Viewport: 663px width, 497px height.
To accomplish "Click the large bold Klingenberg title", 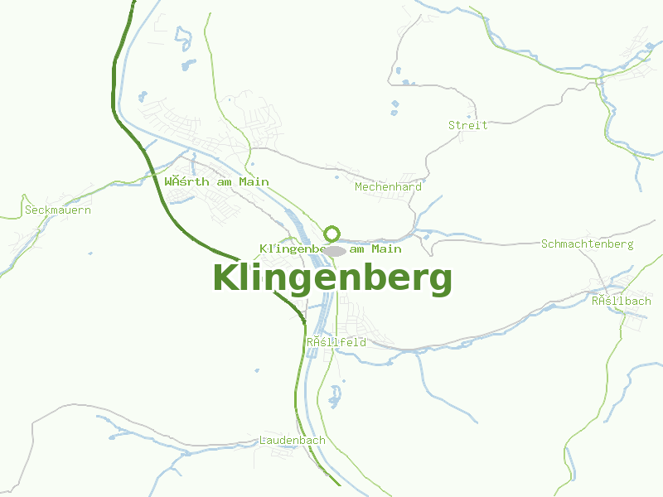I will click(332, 278).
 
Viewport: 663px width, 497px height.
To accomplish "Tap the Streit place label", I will click(467, 125).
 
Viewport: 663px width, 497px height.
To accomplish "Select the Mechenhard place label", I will click(388, 186).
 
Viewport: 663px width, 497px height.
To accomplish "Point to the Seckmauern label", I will click(58, 210).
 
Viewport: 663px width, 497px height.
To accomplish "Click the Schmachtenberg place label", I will click(587, 244).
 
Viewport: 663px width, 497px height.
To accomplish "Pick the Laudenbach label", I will click(292, 440).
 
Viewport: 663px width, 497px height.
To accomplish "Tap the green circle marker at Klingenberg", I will click(332, 234).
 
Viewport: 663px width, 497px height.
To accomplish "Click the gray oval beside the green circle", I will click(335, 250).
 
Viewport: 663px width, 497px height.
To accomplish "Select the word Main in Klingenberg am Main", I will click(387, 248).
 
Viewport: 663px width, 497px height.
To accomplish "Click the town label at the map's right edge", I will click(621, 301).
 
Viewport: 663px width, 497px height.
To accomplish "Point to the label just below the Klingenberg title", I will click(336, 341).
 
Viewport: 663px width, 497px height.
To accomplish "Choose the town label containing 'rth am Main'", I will click(216, 181).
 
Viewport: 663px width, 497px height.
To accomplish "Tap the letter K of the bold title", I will click(225, 278).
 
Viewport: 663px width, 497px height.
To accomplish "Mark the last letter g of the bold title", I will click(441, 282).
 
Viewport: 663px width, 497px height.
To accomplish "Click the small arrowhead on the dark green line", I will click(302, 319).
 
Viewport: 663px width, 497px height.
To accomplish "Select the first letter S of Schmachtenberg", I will click(544, 244).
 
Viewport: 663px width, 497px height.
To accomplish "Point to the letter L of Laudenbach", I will click(263, 440).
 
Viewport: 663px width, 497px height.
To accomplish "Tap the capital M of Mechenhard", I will click(358, 186).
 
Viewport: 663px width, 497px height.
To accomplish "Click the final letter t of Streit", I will click(484, 125).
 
